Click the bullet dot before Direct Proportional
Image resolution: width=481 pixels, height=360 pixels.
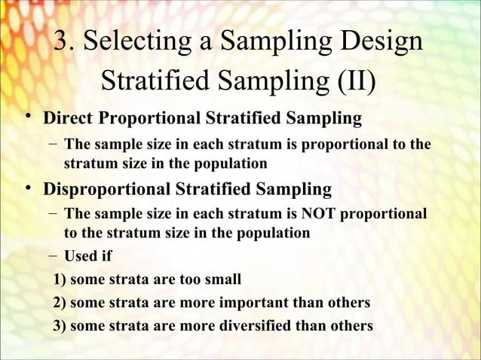[x=28, y=119]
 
